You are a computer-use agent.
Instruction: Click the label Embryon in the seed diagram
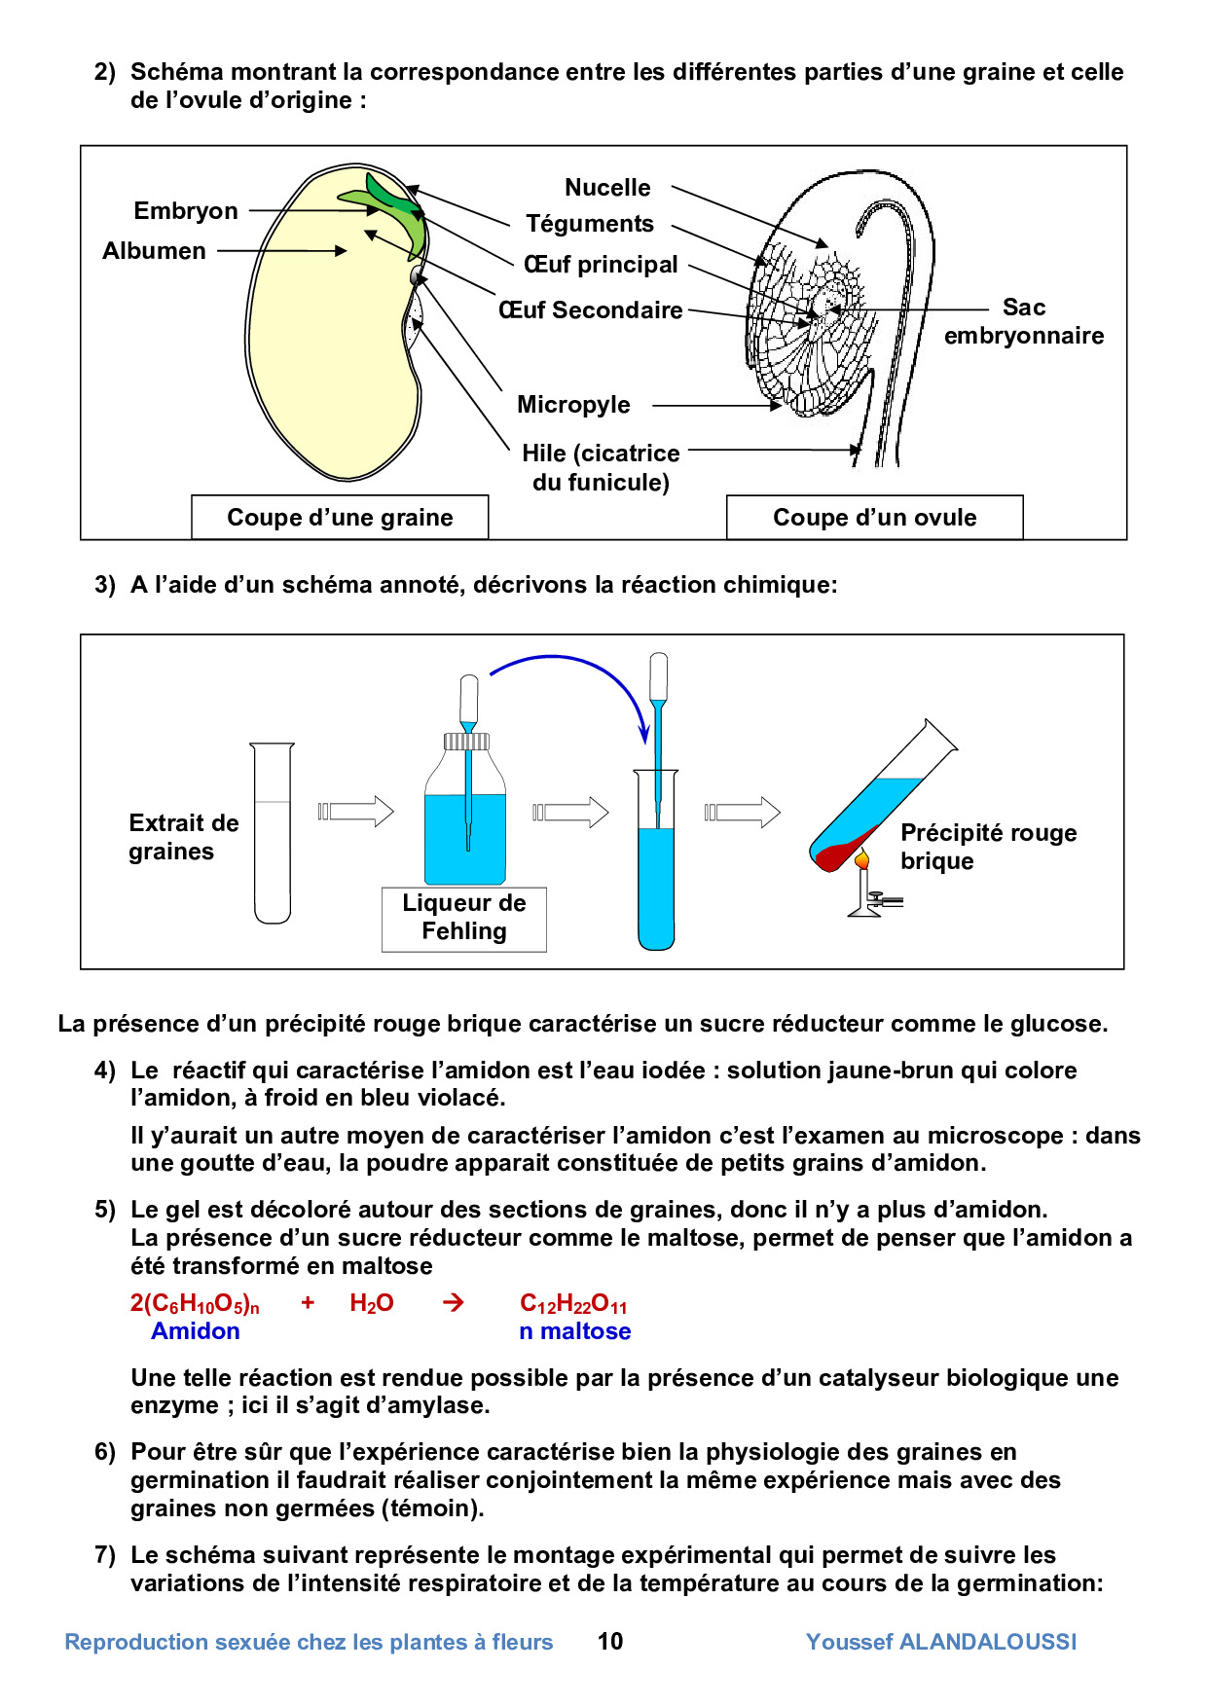coord(186,211)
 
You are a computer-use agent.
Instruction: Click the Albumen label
coord(154,251)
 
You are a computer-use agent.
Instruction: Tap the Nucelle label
coord(607,188)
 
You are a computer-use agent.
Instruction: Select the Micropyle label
coord(573,405)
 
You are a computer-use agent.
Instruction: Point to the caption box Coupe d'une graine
coord(340,518)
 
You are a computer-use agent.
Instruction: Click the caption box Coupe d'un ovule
coord(874,518)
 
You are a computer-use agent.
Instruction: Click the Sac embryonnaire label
coord(1024,322)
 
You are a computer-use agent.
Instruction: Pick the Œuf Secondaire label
coord(591,310)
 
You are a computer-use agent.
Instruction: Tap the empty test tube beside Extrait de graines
coord(273,833)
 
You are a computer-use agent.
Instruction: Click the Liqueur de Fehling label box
coord(464,918)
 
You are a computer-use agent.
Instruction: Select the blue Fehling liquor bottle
coord(465,827)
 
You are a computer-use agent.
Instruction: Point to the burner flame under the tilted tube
coord(861,859)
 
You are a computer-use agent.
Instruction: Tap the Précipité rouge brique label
coord(988,847)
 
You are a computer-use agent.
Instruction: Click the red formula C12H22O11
coord(573,1304)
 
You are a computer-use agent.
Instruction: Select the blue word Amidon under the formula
coord(195,1331)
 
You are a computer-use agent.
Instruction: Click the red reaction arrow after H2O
coord(454,1303)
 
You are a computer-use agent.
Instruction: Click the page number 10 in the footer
coord(610,1642)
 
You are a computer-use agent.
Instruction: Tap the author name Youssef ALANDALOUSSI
coord(941,1642)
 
